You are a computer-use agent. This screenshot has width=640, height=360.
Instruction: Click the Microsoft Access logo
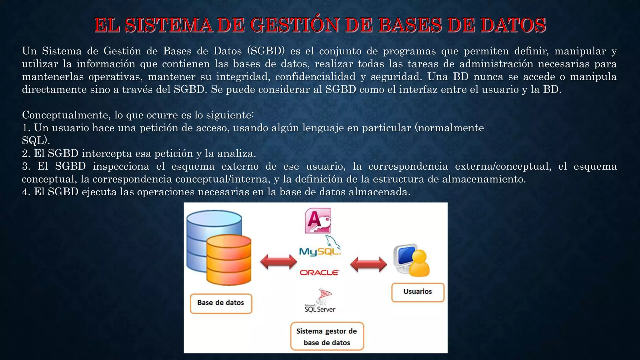click(317, 221)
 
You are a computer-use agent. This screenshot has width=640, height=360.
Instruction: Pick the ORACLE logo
click(319, 272)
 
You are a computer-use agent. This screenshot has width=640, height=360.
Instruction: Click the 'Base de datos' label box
click(221, 303)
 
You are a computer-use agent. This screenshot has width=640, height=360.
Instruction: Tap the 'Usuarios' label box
click(417, 292)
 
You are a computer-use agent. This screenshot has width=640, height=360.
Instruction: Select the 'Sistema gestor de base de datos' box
click(327, 337)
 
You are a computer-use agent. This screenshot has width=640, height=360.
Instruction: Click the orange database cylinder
click(229, 261)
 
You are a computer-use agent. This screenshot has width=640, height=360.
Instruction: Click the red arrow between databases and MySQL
click(278, 262)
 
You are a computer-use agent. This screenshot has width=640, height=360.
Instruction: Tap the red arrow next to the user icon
click(368, 264)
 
